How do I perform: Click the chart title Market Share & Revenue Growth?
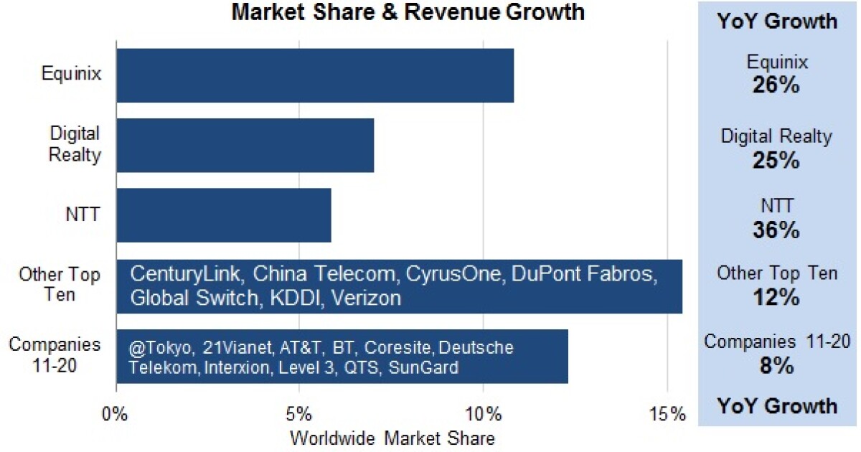click(x=408, y=12)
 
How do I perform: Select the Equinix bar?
click(x=315, y=75)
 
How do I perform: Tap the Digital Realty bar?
click(x=245, y=146)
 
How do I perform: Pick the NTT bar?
click(x=223, y=215)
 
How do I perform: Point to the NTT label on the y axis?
click(x=84, y=215)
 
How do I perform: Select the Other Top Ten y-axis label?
click(x=60, y=285)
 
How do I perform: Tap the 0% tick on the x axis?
click(x=115, y=414)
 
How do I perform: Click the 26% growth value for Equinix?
click(x=776, y=86)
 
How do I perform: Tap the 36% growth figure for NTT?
click(x=776, y=230)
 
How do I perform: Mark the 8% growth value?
click(x=776, y=365)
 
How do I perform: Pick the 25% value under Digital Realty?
click(x=776, y=159)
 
